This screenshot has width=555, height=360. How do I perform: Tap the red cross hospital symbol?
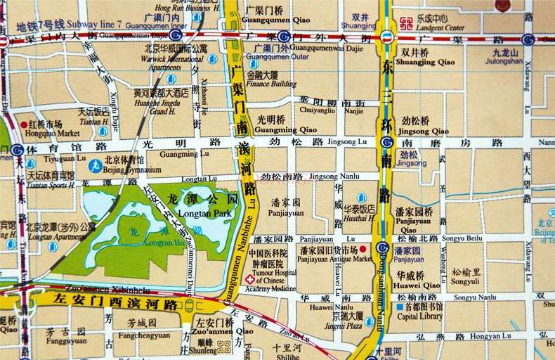pyautogui.click(x=249, y=280)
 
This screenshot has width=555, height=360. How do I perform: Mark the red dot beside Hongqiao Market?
pyautogui.click(x=23, y=124)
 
